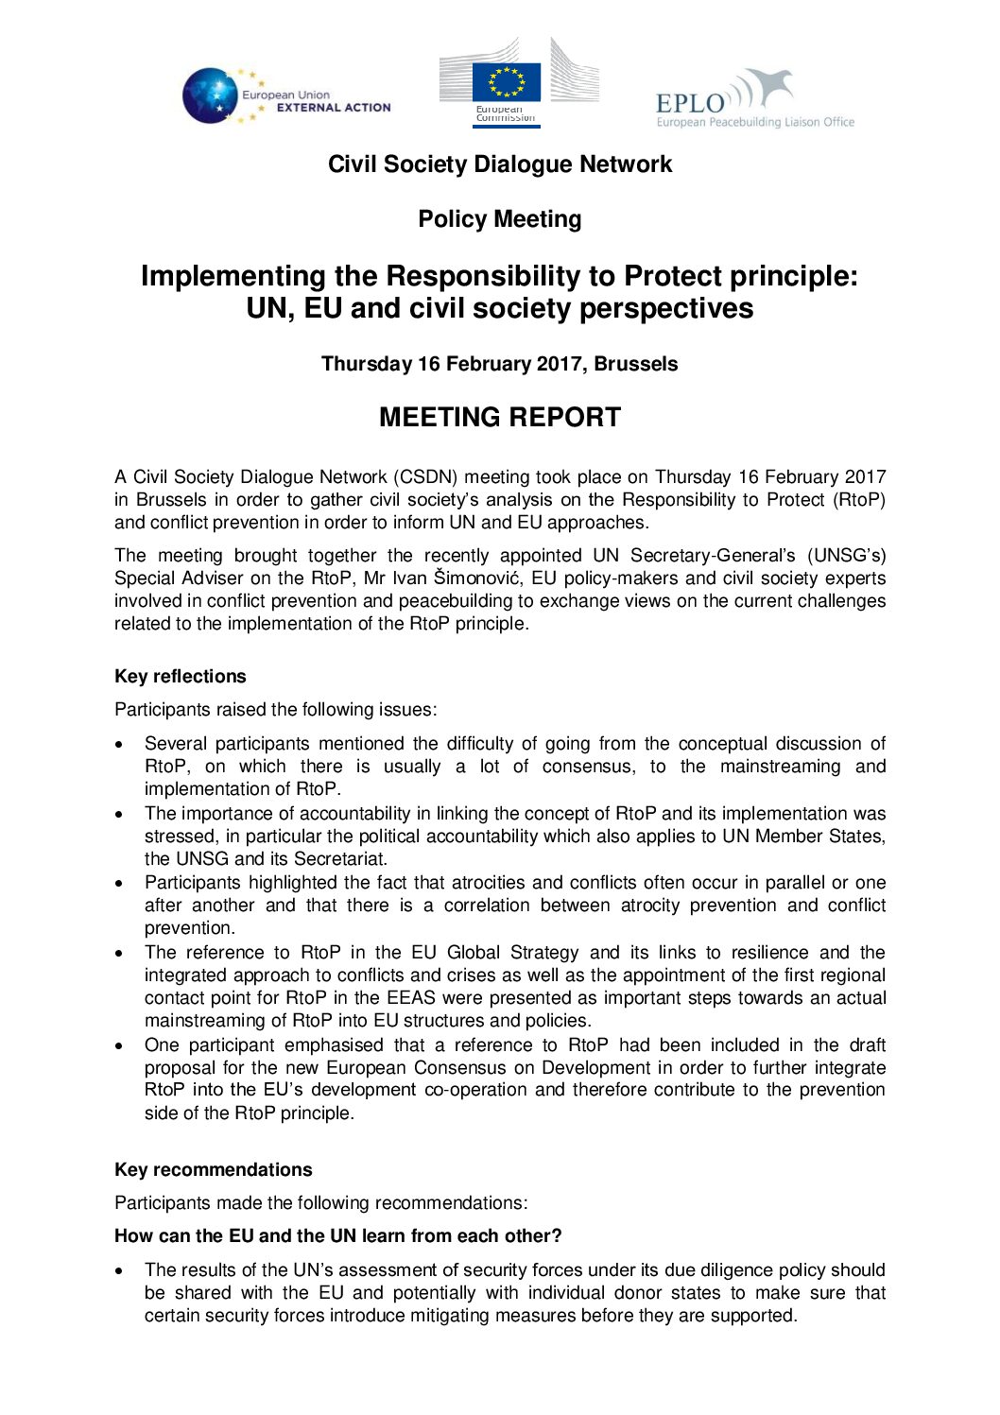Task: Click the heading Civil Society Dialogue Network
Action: click(499, 164)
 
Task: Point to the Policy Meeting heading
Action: click(499, 219)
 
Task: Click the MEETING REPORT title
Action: click(499, 418)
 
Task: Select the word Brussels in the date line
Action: click(635, 364)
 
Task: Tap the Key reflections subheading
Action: click(180, 677)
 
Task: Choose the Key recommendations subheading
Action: click(213, 1170)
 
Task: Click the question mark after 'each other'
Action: click(557, 1236)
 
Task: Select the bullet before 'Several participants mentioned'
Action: click(119, 745)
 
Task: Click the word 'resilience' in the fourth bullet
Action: click(762, 953)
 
